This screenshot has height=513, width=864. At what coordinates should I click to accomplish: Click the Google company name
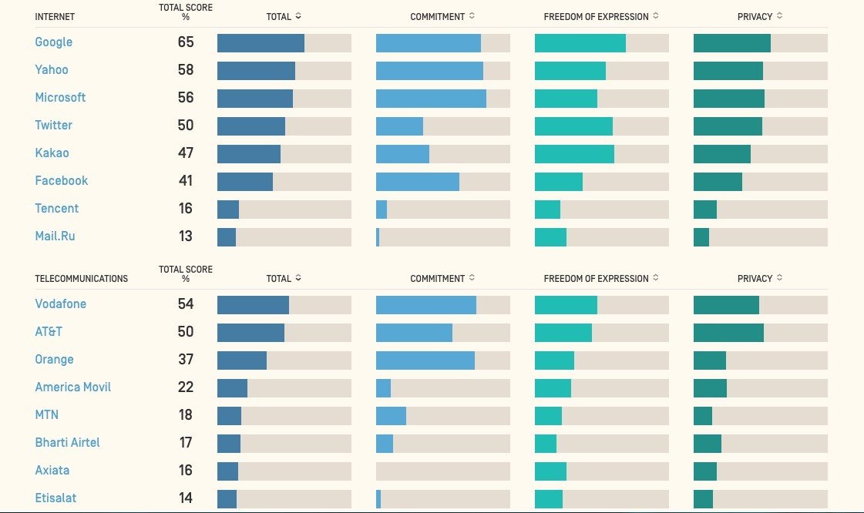pyautogui.click(x=53, y=42)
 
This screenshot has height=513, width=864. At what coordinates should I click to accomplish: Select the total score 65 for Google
pyautogui.click(x=186, y=42)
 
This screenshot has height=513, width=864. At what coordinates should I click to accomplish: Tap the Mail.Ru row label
pyautogui.click(x=55, y=236)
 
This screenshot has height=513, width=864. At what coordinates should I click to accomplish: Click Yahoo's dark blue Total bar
pyautogui.click(x=256, y=71)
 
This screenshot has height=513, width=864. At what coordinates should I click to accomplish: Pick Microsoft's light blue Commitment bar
pyautogui.click(x=431, y=99)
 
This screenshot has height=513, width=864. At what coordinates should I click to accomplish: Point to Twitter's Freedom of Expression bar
pyautogui.click(x=573, y=126)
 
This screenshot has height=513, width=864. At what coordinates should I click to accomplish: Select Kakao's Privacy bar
pyautogui.click(x=721, y=154)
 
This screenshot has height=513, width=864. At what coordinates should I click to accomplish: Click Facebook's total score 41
pyautogui.click(x=186, y=181)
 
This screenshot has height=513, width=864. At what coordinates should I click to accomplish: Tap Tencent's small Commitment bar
pyautogui.click(x=382, y=210)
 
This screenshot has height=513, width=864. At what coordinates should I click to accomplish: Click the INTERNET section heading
pyautogui.click(x=55, y=16)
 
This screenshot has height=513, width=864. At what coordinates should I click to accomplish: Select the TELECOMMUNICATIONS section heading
pyautogui.click(x=82, y=278)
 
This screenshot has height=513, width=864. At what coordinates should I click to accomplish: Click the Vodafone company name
pyautogui.click(x=60, y=304)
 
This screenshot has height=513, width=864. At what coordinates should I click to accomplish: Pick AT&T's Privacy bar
pyautogui.click(x=728, y=333)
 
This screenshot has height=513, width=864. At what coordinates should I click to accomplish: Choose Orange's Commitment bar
pyautogui.click(x=425, y=360)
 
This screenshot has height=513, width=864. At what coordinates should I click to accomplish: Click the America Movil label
pyautogui.click(x=72, y=387)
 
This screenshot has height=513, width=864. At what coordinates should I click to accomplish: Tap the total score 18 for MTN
pyautogui.click(x=186, y=415)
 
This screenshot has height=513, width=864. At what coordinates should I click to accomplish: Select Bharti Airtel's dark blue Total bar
pyautogui.click(x=229, y=444)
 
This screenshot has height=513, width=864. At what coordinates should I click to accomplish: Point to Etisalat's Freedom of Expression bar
pyautogui.click(x=549, y=499)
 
